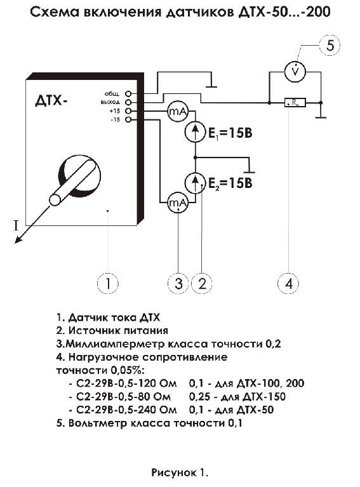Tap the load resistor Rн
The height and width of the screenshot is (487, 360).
[x=295, y=102]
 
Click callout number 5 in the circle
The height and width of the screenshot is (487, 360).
[x=330, y=45]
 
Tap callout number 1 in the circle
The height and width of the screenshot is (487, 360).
[x=108, y=283]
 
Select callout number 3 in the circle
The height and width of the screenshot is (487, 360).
[x=178, y=283]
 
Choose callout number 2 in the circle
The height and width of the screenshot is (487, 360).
[x=202, y=283]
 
